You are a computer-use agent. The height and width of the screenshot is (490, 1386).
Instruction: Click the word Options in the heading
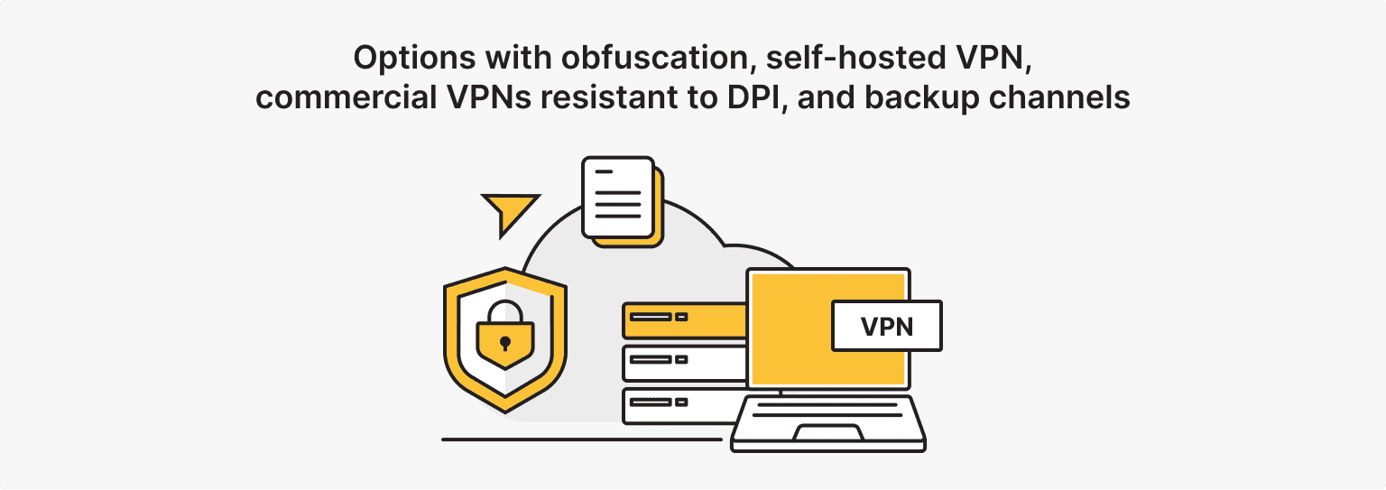click(x=414, y=59)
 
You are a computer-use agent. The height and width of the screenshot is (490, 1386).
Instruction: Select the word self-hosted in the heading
click(x=856, y=58)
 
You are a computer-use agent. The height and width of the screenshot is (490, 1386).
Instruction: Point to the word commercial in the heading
click(x=346, y=97)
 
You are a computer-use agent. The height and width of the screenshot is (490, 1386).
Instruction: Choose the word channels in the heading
click(x=1060, y=97)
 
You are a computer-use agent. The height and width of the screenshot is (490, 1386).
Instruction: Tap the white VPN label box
click(x=887, y=326)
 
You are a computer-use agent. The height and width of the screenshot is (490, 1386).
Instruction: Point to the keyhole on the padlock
click(x=505, y=343)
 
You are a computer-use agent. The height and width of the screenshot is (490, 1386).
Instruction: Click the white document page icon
click(x=618, y=197)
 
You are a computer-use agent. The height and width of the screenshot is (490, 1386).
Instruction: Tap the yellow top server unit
click(x=684, y=320)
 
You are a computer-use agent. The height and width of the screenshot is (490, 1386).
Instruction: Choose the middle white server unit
click(x=684, y=363)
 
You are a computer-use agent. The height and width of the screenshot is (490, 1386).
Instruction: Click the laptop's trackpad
click(x=827, y=432)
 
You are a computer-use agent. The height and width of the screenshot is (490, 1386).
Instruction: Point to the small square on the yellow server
click(x=681, y=317)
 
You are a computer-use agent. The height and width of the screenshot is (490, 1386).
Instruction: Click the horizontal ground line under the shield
click(x=582, y=439)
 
